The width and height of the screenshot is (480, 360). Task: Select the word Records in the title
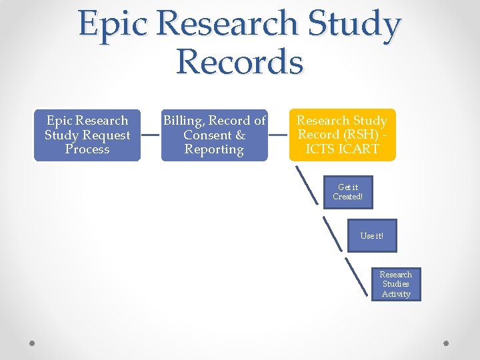click(239, 62)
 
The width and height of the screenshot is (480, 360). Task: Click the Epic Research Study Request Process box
click(87, 135)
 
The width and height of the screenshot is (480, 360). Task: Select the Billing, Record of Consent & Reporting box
click(214, 135)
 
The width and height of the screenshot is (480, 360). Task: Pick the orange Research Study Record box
click(342, 135)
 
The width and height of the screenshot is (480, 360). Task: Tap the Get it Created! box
click(348, 192)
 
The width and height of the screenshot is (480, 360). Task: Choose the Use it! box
click(371, 235)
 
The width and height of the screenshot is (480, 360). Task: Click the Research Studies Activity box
click(396, 284)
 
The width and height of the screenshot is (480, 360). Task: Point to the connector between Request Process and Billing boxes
click(151, 135)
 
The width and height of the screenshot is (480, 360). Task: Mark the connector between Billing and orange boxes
click(278, 135)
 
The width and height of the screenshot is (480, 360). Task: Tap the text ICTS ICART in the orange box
click(342, 149)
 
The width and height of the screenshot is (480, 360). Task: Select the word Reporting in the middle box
click(214, 149)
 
